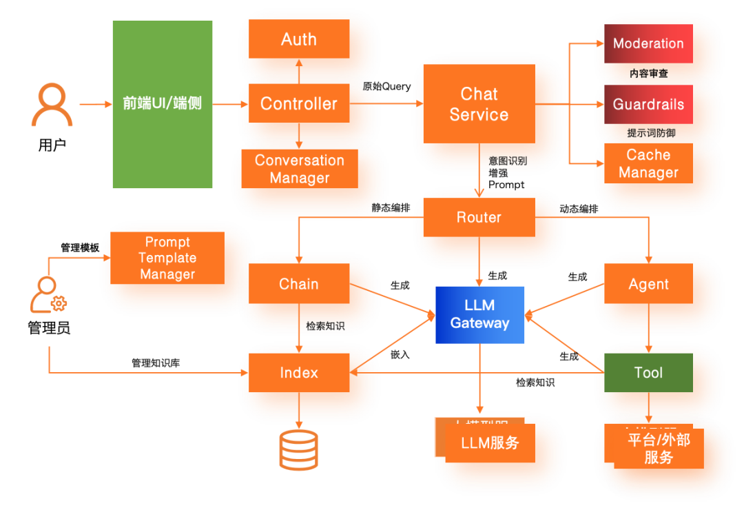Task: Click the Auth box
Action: click(299, 40)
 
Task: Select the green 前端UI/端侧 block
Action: click(163, 104)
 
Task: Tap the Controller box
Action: click(299, 104)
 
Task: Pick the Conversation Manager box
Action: click(299, 169)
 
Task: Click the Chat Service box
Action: click(479, 105)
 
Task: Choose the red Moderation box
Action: click(648, 43)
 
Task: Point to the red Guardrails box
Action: click(648, 105)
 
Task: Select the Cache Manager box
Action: click(648, 164)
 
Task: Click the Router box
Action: click(479, 218)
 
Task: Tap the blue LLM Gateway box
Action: click(479, 314)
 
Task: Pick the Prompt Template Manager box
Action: click(167, 258)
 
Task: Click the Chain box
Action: click(299, 284)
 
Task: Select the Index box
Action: click(299, 373)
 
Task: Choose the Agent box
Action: click(648, 284)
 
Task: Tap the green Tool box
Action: click(648, 373)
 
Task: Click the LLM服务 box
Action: click(490, 443)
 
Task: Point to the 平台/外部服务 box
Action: click(658, 448)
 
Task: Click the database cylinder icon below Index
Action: click(299, 449)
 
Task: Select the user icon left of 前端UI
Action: click(52, 105)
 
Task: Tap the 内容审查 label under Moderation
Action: click(648, 73)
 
